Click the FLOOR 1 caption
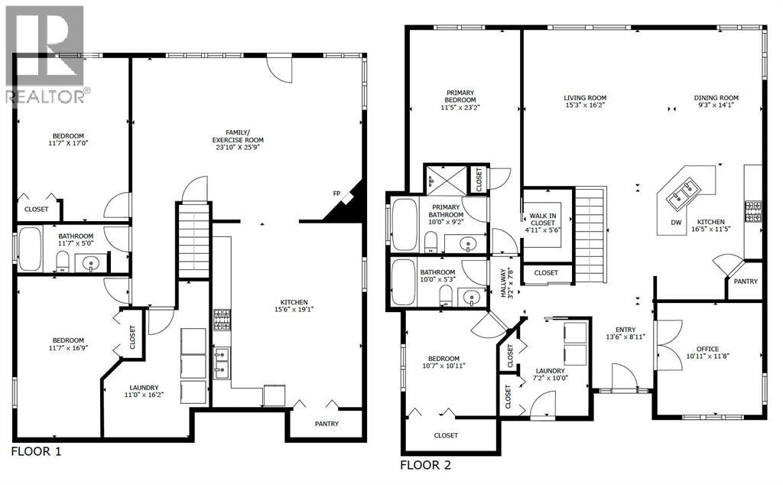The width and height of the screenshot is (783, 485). [x=36, y=451]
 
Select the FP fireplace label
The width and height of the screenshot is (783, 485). [x=336, y=194]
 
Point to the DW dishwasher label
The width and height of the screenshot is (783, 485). [x=676, y=223]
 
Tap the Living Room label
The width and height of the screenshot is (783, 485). [x=585, y=98]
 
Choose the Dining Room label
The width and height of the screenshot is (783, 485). [x=716, y=98]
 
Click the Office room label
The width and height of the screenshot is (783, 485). [x=707, y=348]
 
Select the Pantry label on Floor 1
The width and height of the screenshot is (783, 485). [x=327, y=424]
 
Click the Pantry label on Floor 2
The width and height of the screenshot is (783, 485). [x=745, y=282]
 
